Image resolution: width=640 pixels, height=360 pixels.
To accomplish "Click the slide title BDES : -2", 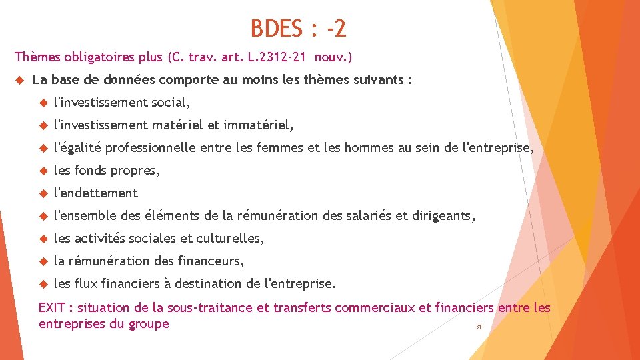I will pos(298,29).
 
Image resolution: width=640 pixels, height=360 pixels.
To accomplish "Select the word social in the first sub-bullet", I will pos(170,103).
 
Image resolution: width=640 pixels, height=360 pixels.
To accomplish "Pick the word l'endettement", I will pos(95,193).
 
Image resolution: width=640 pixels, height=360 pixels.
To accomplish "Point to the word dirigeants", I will pos(445,216).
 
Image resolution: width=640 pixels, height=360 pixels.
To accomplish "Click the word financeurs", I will pos(211,261).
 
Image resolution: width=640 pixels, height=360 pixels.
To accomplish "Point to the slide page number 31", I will pos(478,327).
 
